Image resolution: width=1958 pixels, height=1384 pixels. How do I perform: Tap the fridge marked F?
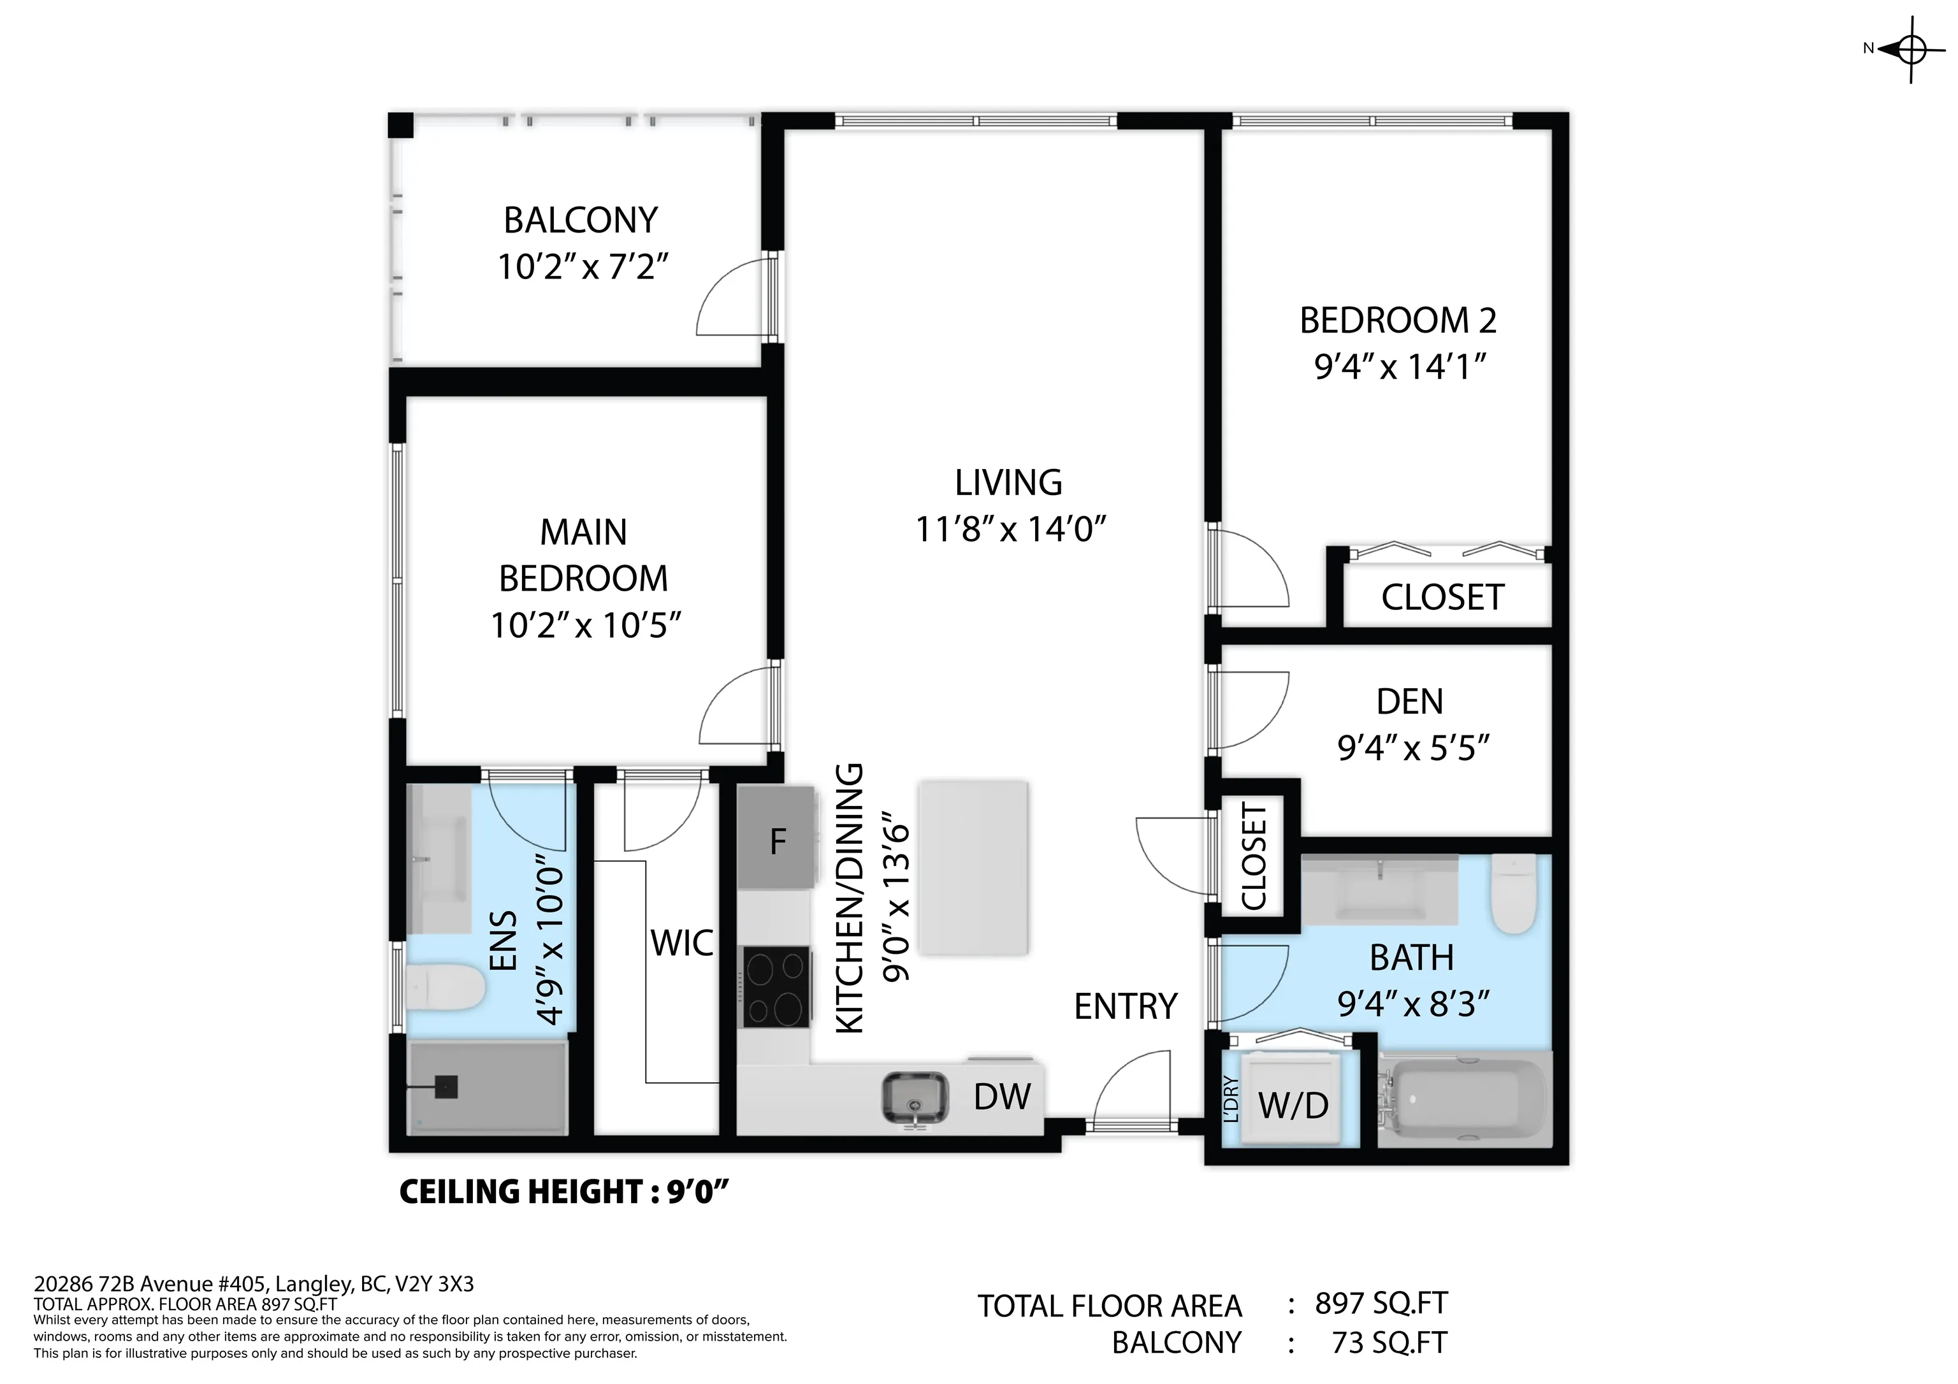tap(775, 837)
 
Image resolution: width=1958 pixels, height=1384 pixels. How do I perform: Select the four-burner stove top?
tap(775, 988)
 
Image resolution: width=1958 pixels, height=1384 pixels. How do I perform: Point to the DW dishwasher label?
tap(1002, 1097)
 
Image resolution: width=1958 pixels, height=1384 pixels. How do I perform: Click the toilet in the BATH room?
tap(1514, 893)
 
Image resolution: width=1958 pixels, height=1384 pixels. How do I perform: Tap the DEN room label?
tap(1410, 702)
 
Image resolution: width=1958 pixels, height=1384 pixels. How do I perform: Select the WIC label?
tap(682, 943)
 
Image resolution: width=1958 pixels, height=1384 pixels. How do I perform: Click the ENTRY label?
tap(1126, 1007)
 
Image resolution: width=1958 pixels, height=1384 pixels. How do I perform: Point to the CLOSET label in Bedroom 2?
tap(1442, 598)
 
